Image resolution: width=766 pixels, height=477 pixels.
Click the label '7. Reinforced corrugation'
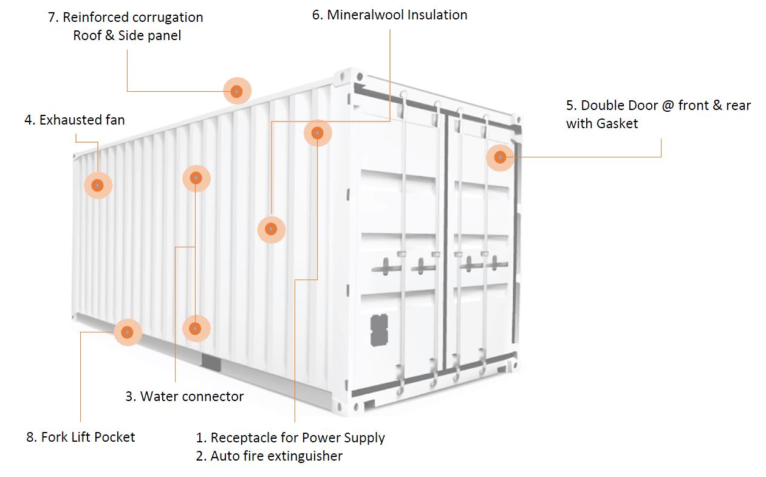tap(126, 17)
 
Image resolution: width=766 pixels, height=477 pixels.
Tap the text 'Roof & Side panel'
tap(127, 36)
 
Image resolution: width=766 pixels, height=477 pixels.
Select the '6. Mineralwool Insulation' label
tap(389, 15)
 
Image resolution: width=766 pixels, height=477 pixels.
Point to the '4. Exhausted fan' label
tap(75, 120)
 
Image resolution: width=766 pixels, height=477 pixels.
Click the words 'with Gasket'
tap(602, 123)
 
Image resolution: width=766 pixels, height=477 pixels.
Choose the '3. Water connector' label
tap(184, 396)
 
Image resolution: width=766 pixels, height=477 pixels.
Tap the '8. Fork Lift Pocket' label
tap(81, 437)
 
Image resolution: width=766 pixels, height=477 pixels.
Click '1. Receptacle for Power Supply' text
tap(290, 438)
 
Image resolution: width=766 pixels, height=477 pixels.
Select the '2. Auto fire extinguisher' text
tap(269, 456)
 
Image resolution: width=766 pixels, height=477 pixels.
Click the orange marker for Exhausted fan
tap(98, 185)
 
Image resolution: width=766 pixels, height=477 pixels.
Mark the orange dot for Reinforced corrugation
tap(237, 91)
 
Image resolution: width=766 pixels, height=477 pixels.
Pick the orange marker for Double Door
tap(500, 157)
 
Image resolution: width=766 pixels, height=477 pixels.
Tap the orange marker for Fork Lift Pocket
tap(127, 332)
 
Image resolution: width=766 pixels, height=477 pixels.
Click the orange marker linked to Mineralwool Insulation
tap(271, 229)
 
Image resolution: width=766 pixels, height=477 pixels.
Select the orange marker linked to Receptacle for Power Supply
tap(317, 132)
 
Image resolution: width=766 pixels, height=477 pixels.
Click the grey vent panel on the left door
tap(379, 330)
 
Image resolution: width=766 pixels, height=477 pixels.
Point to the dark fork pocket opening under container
tap(211, 363)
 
